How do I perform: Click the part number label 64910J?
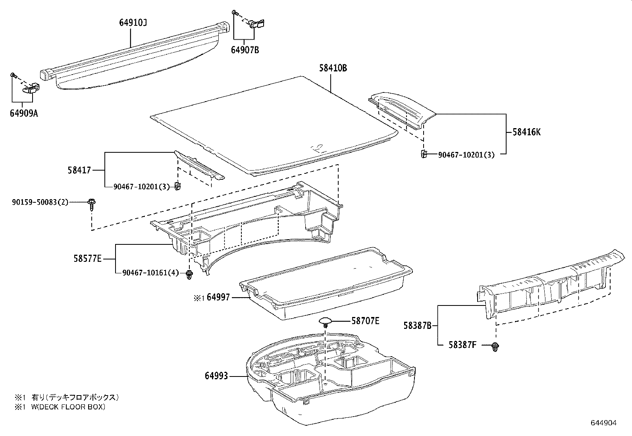coord(133,23)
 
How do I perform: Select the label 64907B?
coord(245,50)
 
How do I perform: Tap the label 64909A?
coord(24,113)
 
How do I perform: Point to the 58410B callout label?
coord(333,68)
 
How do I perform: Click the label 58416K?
coord(526,132)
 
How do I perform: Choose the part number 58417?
coord(79,170)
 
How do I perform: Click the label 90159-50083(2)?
coord(40,202)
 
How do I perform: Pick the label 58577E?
coord(87,259)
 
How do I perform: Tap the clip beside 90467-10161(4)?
coord(189,275)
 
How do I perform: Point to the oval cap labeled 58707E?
coord(326,321)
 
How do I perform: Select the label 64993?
coord(216,375)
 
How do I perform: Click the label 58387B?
coord(417,326)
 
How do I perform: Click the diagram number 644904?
coord(604,423)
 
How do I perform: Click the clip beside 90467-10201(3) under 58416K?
coord(424,154)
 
